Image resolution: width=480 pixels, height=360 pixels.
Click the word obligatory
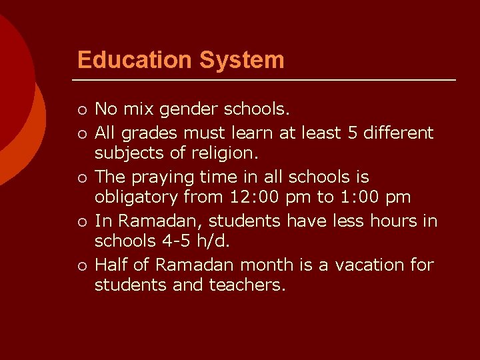pos(135,197)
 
